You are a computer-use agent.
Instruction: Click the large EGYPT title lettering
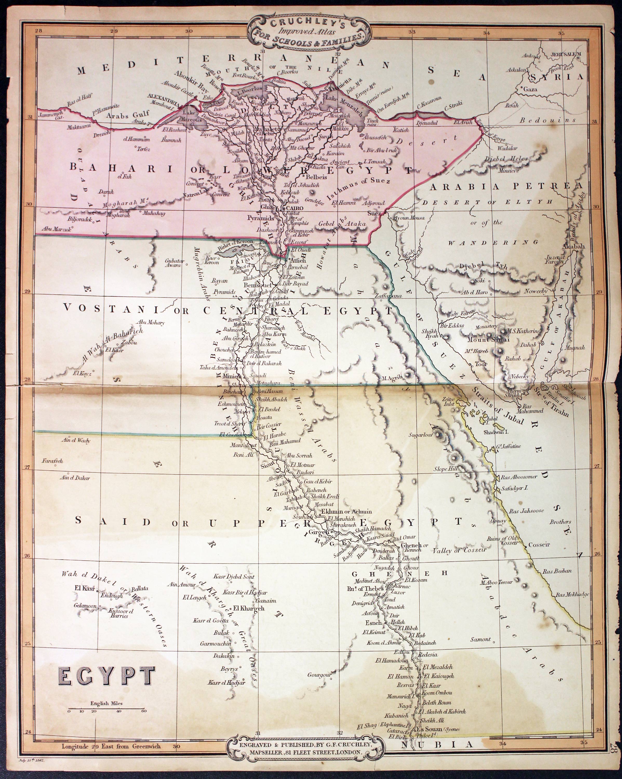click(x=106, y=676)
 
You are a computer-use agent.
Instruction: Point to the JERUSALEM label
click(x=566, y=55)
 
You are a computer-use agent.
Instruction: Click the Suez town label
click(x=374, y=213)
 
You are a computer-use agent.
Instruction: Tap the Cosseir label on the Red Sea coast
click(x=539, y=545)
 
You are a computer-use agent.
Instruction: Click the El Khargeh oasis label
click(x=249, y=608)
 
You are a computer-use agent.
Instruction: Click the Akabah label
click(x=573, y=246)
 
